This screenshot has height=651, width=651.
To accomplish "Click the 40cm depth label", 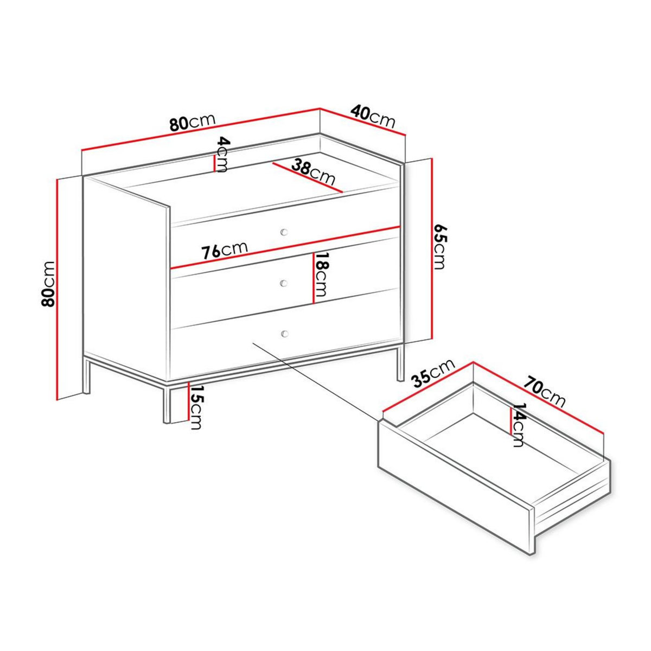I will [373, 117].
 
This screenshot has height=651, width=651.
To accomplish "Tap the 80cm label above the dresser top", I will [193, 123].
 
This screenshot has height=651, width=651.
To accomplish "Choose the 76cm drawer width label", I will [224, 250].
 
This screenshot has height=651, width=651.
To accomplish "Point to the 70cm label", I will [545, 390].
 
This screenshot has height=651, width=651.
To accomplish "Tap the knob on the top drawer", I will [284, 232].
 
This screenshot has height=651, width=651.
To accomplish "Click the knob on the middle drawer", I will [284, 283].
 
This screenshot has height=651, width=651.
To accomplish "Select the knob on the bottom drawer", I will [284, 333].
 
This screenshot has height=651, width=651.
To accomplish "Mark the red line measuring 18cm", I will [313, 277].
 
